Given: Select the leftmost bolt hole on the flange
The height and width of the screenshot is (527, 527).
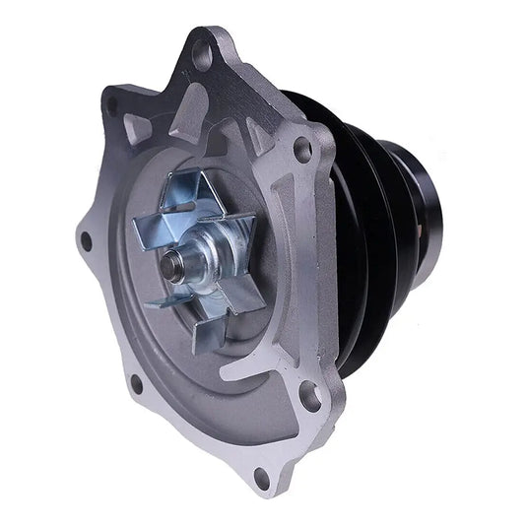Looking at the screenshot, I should [86, 238].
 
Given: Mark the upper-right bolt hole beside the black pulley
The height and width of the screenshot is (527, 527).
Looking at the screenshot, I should [303, 149].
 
